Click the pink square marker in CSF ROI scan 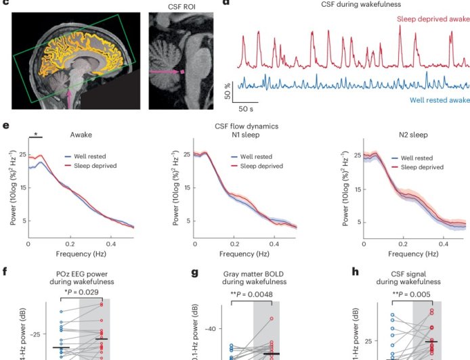click(182, 70)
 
